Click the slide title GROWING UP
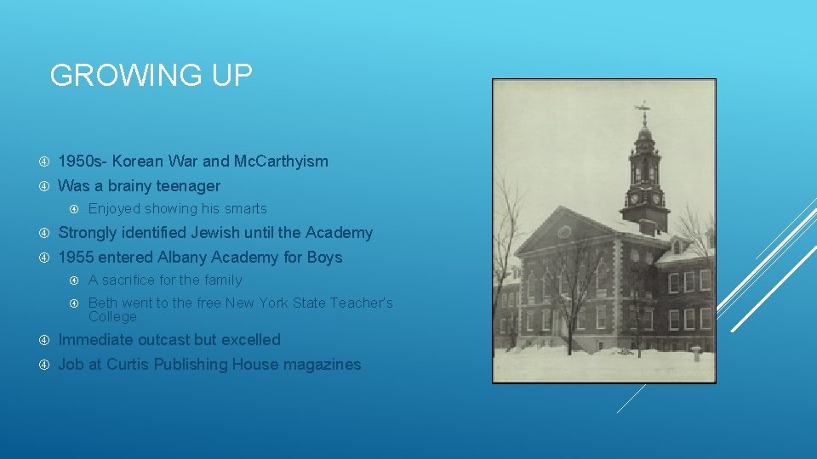click(151, 76)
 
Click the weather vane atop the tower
click(643, 109)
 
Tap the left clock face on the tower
click(635, 199)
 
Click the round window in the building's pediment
click(564, 230)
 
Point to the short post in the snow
click(695, 352)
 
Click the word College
click(112, 316)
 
